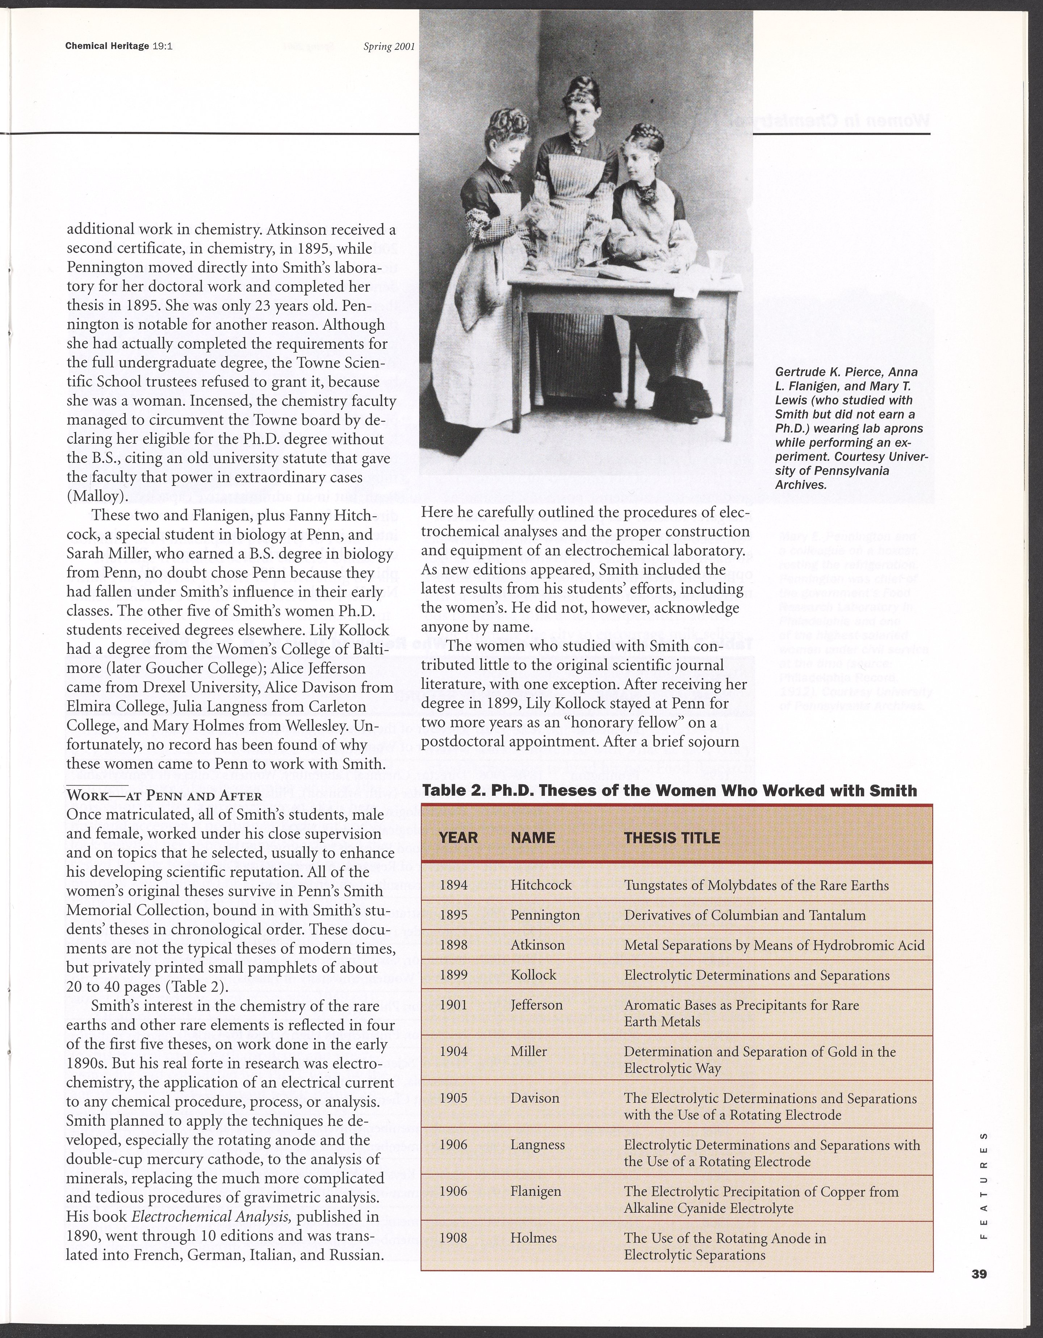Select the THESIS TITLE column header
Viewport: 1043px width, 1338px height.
[x=672, y=837]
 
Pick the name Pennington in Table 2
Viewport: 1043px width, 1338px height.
[x=545, y=915]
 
